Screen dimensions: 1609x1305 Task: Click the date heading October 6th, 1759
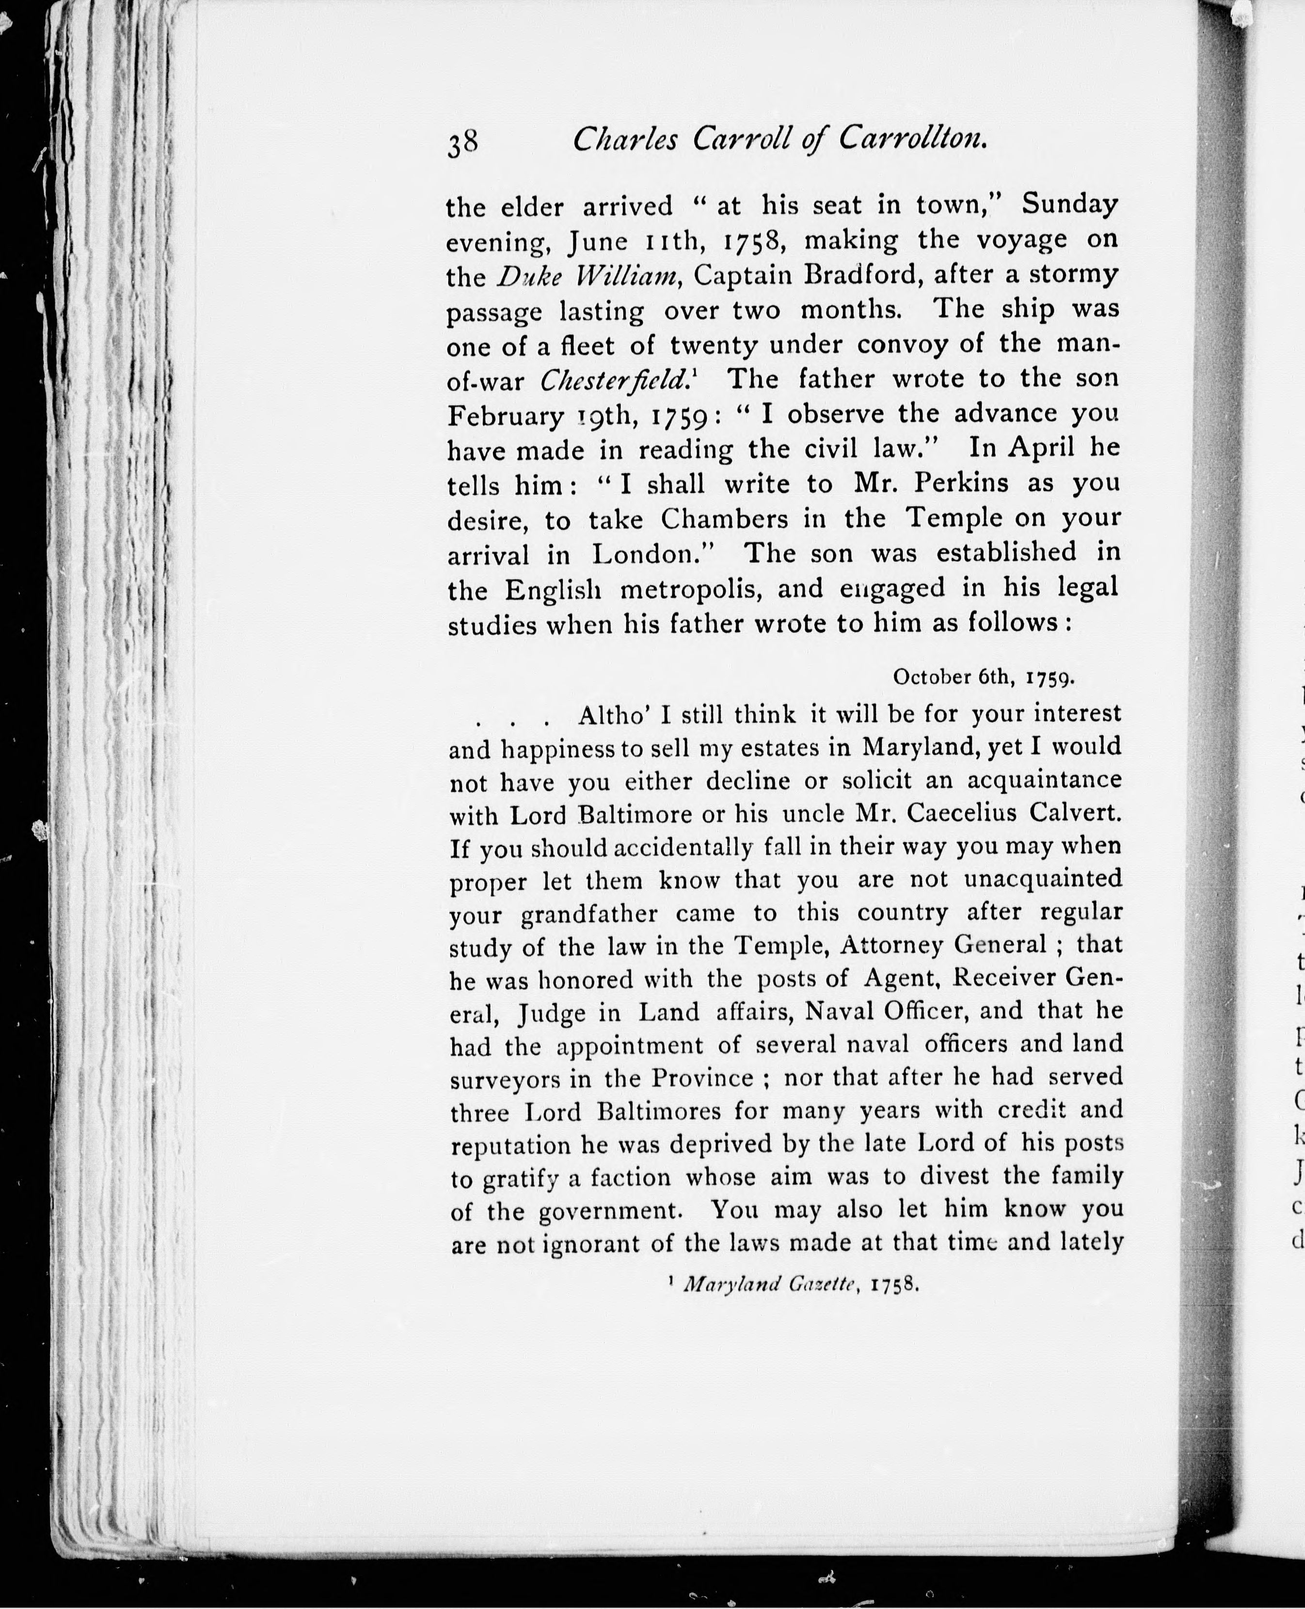click(x=983, y=677)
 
